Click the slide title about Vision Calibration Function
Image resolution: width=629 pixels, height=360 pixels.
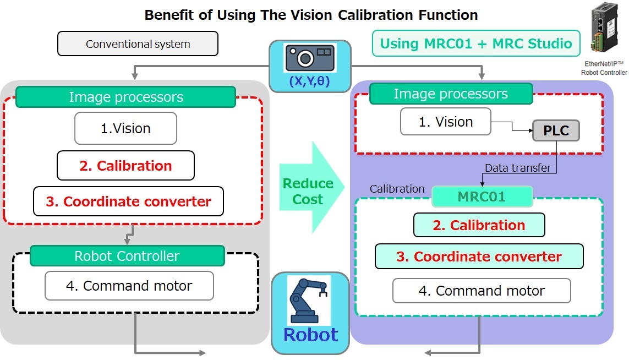(x=311, y=15)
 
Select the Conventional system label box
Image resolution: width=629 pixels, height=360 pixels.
(x=138, y=44)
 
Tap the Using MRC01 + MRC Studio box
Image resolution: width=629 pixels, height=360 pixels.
(x=476, y=43)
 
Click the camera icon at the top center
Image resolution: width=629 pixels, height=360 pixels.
(x=310, y=57)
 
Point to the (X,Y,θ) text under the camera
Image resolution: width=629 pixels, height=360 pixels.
(x=310, y=82)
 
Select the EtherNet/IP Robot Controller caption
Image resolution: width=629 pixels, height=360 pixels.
(x=604, y=68)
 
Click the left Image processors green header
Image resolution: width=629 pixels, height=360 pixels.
(x=125, y=97)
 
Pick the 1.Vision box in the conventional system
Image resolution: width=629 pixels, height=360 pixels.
(x=125, y=128)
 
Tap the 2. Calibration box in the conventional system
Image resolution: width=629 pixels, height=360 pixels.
(x=125, y=166)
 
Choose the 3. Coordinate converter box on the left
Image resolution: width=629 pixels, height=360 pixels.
(x=128, y=201)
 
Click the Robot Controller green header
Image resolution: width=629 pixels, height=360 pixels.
(x=127, y=256)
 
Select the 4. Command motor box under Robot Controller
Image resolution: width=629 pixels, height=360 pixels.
(x=129, y=286)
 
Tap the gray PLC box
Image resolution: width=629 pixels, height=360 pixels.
(x=556, y=130)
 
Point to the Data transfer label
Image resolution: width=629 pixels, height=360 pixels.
(x=517, y=168)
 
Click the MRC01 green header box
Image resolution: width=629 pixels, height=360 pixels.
(x=482, y=197)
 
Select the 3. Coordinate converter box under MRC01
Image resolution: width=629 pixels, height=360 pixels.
(x=479, y=257)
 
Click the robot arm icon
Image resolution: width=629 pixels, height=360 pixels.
(x=309, y=299)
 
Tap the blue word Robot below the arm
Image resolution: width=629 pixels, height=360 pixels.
(x=310, y=335)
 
